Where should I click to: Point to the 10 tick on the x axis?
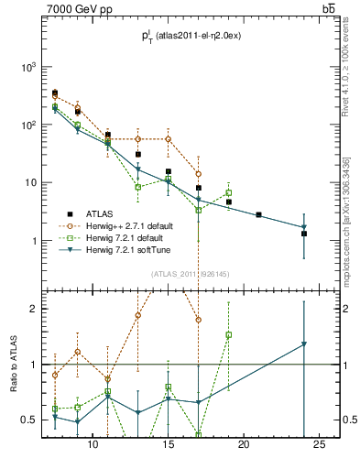93,445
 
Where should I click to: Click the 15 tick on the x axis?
169,445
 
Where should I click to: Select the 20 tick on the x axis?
244,445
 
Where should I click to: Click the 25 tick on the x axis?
319,445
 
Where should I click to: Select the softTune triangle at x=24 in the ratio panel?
304,344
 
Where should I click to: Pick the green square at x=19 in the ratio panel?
229,335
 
